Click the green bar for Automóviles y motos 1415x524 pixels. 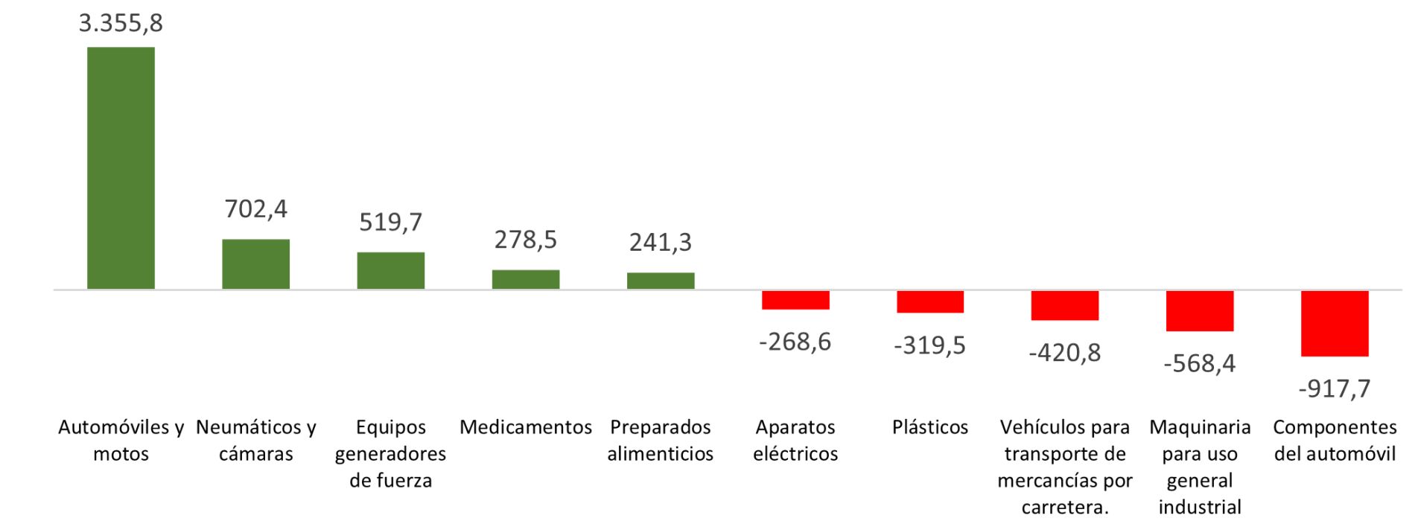tap(121, 167)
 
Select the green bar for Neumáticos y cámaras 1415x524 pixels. tap(255, 263)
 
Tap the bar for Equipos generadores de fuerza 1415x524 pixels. tap(390, 270)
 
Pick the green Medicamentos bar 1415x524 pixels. tap(525, 279)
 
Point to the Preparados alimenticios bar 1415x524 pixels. tap(660, 281)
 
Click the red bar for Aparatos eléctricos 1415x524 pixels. tap(795, 300)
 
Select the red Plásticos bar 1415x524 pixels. tap(930, 301)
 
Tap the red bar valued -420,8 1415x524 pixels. tap(1065, 305)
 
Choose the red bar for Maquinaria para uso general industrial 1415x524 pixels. tap(1200, 310)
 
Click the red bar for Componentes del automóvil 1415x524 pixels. tap(1335, 323)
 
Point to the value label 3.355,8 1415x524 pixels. tap(121, 23)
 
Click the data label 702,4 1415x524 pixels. tap(255, 209)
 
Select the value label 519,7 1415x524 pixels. tap(390, 222)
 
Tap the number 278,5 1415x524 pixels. tap(525, 240)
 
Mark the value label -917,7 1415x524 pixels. tap(1335, 389)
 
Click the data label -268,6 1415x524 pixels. tap(795, 342)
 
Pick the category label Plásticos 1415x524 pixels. tap(930, 427)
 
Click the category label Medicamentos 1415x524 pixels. tap(525, 427)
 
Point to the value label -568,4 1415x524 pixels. tap(1200, 363)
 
